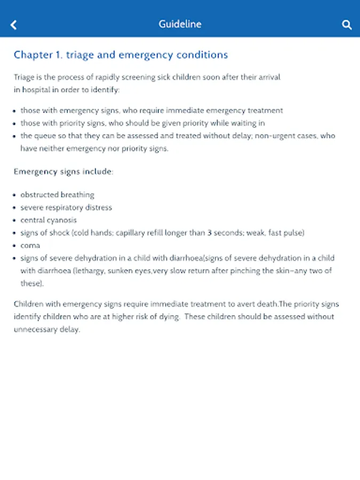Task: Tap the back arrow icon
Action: point(14,25)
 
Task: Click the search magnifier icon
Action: point(347,25)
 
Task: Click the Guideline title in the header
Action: point(180,24)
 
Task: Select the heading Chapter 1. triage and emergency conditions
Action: point(121,55)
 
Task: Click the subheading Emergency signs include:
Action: point(63,172)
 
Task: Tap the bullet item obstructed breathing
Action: point(57,195)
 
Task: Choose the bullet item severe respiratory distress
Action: point(66,207)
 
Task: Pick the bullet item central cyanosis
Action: point(49,220)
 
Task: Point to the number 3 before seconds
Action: point(210,233)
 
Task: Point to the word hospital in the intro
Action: point(35,90)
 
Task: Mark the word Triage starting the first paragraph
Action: point(25,77)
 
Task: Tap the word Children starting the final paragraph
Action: point(30,304)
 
